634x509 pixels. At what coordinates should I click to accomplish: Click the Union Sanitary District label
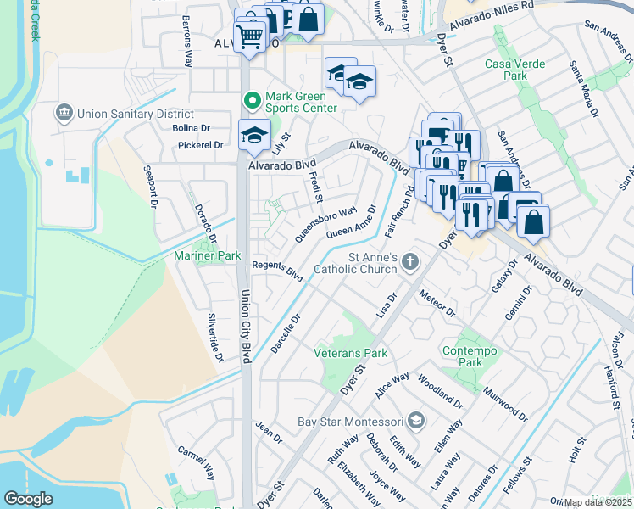pyautogui.click(x=136, y=114)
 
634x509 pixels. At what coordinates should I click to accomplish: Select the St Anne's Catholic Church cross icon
pyautogui.click(x=410, y=261)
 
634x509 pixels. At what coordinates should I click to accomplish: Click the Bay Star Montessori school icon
pyautogui.click(x=415, y=421)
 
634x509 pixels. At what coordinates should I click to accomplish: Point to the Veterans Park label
pyautogui.click(x=350, y=352)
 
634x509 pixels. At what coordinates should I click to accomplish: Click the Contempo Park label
pyautogui.click(x=464, y=355)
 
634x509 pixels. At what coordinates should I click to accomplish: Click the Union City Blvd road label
pyautogui.click(x=247, y=327)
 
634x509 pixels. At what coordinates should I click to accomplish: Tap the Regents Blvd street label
pyautogui.click(x=277, y=271)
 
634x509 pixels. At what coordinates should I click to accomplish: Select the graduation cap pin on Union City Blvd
pyautogui.click(x=253, y=135)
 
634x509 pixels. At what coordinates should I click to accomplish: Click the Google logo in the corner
pyautogui.click(x=28, y=499)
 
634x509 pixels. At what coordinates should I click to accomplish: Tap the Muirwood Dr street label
pyautogui.click(x=505, y=406)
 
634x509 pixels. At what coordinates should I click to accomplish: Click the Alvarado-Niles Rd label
pyautogui.click(x=492, y=16)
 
